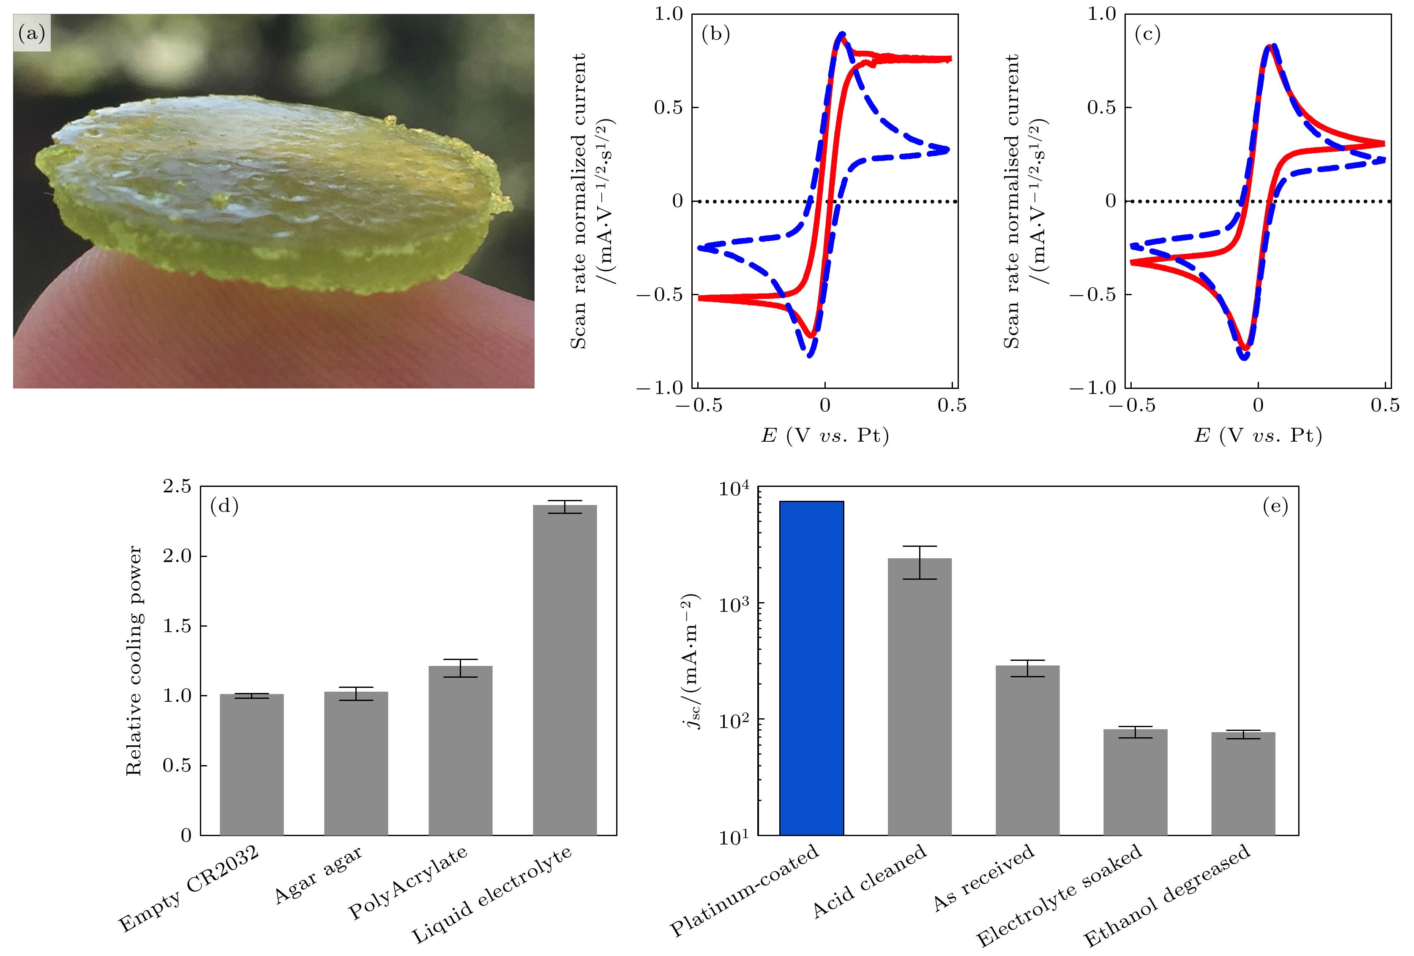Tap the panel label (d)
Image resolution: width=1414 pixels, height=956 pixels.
click(224, 506)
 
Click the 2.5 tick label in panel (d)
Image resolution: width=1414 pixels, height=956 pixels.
click(177, 486)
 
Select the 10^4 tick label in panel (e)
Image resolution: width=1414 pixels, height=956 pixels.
click(733, 488)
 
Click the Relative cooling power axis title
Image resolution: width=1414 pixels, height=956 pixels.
click(134, 660)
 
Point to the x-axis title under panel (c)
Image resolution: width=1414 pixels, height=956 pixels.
click(1258, 435)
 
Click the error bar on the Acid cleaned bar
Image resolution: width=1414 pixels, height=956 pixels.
click(919, 562)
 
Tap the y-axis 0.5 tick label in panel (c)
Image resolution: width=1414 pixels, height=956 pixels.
click(1101, 108)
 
